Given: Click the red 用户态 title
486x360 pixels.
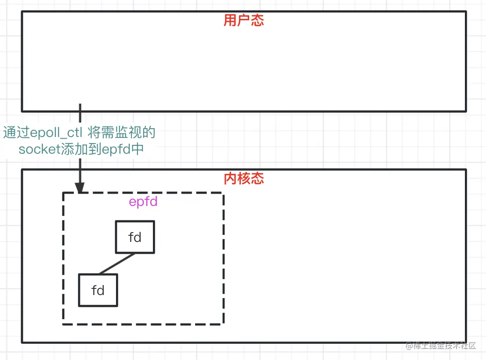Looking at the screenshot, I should [x=243, y=20].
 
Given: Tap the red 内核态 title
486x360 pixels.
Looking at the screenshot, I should [x=243, y=178].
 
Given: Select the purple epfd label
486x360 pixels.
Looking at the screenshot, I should [x=143, y=202].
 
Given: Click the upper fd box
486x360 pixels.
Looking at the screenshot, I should [x=135, y=237].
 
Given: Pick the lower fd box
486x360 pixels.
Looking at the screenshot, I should [x=98, y=290].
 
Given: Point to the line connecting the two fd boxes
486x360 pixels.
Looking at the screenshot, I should [x=117, y=263].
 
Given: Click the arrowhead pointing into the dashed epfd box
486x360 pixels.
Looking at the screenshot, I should [x=80, y=188].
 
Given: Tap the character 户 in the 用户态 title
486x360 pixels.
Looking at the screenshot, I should [x=243, y=20].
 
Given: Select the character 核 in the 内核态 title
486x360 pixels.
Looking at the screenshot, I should [x=243, y=178].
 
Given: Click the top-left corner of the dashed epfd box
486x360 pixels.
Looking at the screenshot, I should [x=63, y=193].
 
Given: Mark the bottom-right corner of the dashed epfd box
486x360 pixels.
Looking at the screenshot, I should [x=223, y=324].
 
